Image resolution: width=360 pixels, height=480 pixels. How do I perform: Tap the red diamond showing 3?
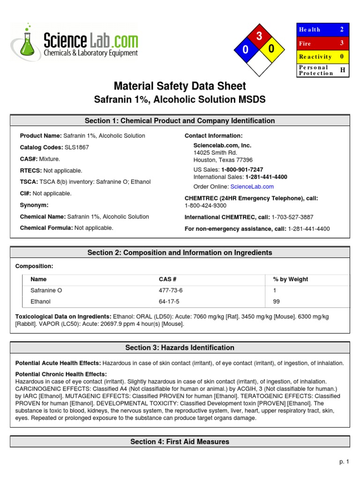click(x=258, y=37)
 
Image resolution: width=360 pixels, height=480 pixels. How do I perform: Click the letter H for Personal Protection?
click(x=342, y=70)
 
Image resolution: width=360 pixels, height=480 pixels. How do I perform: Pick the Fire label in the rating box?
click(x=305, y=43)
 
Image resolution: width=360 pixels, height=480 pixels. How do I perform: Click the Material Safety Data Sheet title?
click(x=180, y=86)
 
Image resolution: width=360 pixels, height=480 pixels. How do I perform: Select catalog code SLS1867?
click(x=77, y=147)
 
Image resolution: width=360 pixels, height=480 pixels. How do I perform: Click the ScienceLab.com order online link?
click(x=252, y=187)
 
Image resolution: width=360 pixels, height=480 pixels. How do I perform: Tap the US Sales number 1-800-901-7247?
click(x=242, y=169)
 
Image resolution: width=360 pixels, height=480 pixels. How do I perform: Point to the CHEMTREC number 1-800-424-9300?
click(x=205, y=205)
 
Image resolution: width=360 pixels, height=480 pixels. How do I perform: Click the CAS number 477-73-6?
click(x=171, y=290)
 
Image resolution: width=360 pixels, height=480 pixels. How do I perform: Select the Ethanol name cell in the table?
click(x=41, y=301)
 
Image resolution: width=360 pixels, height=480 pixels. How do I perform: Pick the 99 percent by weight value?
click(x=276, y=301)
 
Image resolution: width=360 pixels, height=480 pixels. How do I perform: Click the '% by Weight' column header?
click(x=291, y=279)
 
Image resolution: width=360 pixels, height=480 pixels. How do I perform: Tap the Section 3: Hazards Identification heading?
click(x=180, y=348)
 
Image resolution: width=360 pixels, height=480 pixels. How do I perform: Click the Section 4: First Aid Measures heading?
click(x=180, y=442)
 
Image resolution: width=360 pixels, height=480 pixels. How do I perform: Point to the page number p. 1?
click(x=345, y=462)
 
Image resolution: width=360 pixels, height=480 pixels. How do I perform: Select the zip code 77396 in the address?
click(x=243, y=159)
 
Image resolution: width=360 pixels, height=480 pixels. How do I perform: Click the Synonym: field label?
click(x=34, y=205)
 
